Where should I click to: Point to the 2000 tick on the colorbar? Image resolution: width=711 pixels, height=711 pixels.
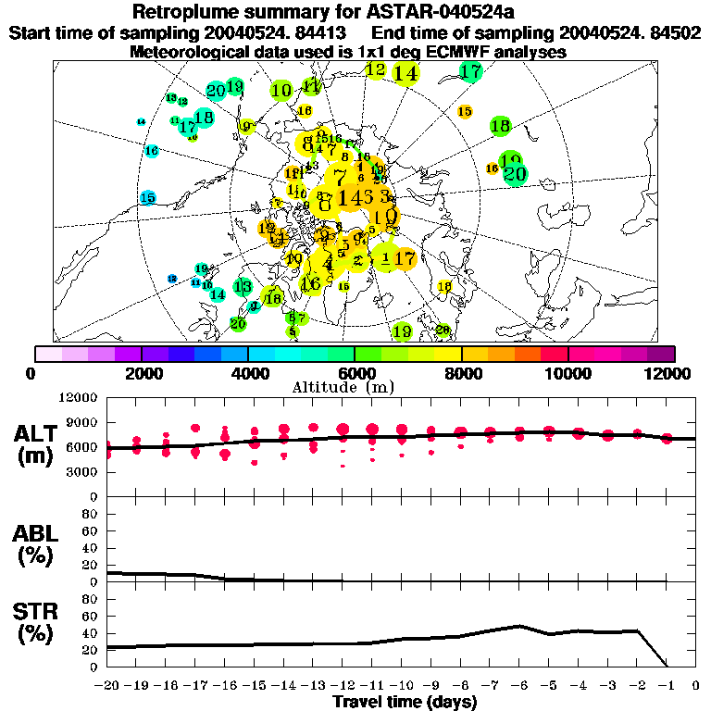click(x=141, y=372)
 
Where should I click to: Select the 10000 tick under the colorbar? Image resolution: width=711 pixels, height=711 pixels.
click(x=568, y=372)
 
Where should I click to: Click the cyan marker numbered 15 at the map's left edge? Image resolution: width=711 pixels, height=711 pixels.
click(x=147, y=198)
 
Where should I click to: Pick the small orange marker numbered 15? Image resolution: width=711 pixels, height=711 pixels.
click(x=466, y=111)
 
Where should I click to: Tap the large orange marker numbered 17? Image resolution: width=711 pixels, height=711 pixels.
click(x=405, y=258)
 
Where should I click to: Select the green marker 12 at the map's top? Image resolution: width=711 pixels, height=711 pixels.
click(x=376, y=69)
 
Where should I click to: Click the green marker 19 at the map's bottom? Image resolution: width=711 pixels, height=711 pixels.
click(x=402, y=331)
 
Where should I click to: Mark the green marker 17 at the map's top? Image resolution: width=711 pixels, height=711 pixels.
click(x=471, y=71)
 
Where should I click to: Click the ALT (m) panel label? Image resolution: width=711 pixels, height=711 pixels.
click(x=37, y=444)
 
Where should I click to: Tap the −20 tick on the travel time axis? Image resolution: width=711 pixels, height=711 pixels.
click(x=107, y=686)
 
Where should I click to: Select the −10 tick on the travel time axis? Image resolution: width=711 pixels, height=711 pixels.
click(x=402, y=686)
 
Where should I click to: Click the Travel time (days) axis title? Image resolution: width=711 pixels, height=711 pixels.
click(x=405, y=703)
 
